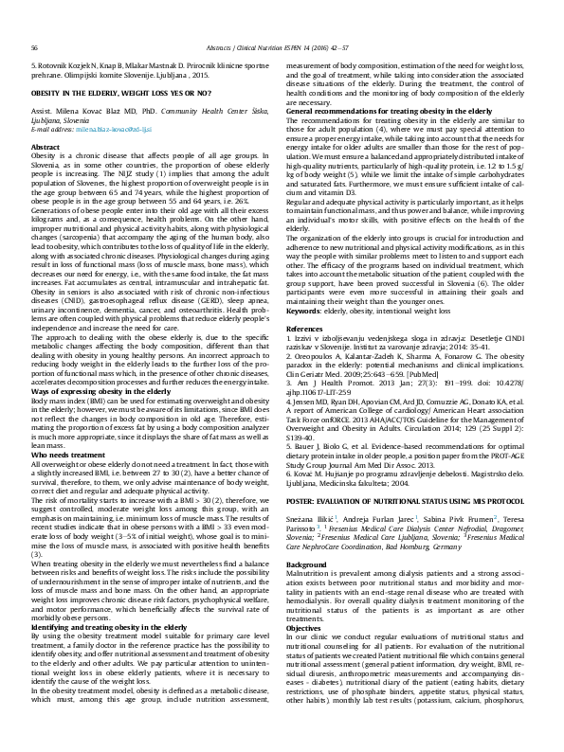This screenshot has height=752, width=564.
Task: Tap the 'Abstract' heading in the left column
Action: [46, 149]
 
